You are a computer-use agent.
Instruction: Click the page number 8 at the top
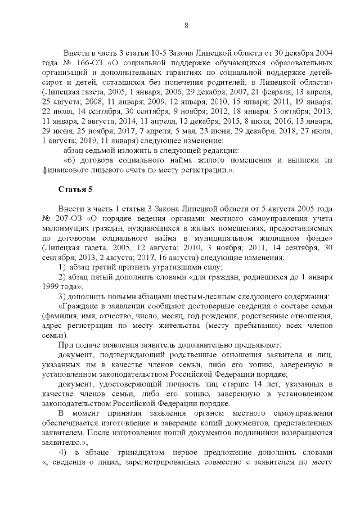(x=185, y=24)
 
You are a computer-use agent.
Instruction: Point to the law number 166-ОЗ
(x=91, y=62)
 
